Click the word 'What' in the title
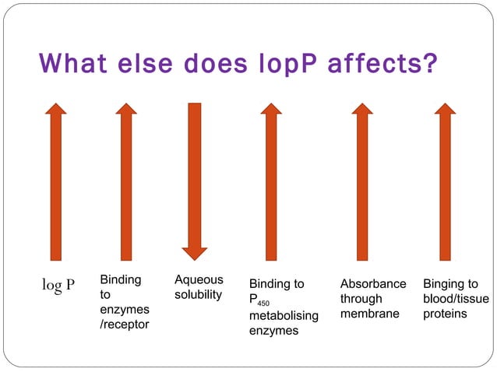coord(76,61)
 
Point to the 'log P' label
coord(58,284)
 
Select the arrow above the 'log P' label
coord(56,182)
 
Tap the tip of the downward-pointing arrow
coord(195,258)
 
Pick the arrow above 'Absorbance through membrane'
coord(363,182)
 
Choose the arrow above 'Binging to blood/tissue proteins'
coord(445,182)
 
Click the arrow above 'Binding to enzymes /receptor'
coord(127,182)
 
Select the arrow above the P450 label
coord(271,182)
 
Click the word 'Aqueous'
coord(199,279)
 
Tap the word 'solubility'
coord(198,294)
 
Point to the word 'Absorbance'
coord(373,284)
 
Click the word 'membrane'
coord(369,314)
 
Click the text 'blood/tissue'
coord(456,299)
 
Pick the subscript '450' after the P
coord(263,304)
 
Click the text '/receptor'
coord(124,324)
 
